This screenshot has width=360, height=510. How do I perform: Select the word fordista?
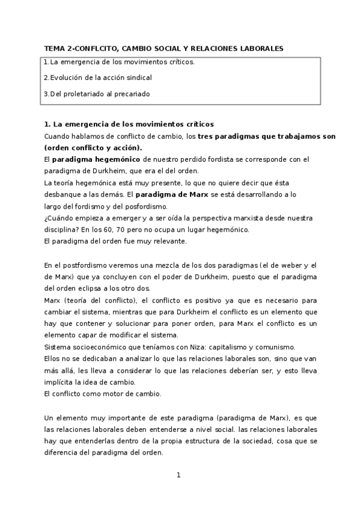coord(200,159)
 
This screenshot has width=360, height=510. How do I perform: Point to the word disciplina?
coord(63,230)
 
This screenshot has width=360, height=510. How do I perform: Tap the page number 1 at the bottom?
coord(179,475)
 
